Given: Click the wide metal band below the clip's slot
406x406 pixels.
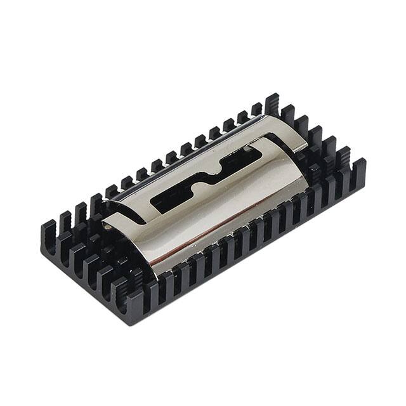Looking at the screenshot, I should [209, 216].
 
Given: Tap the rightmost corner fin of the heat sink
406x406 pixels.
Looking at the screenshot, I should [359, 168].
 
